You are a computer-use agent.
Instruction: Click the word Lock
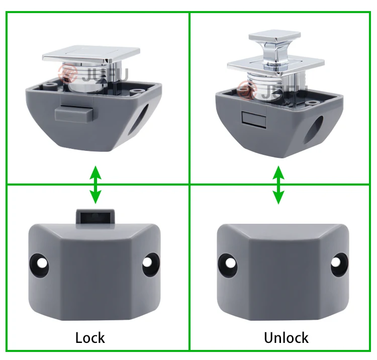pos(90,337)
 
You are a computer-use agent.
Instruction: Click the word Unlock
pos(286,337)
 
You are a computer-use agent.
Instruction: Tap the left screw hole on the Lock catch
pos(40,263)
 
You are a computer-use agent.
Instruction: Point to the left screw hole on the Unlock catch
pos(229,262)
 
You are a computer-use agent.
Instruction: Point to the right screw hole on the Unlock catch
pos(338,262)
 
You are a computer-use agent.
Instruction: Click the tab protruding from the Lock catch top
pos(95,216)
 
